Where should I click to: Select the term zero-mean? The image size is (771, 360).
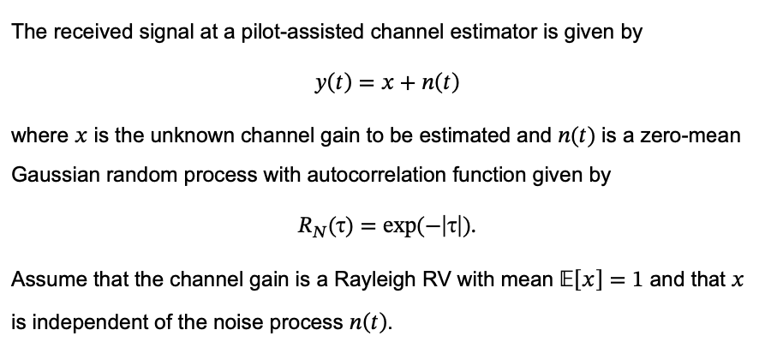[x=696, y=137]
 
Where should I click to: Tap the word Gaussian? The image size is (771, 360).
[x=51, y=176]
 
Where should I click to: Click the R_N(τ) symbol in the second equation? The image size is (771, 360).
[x=320, y=228]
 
